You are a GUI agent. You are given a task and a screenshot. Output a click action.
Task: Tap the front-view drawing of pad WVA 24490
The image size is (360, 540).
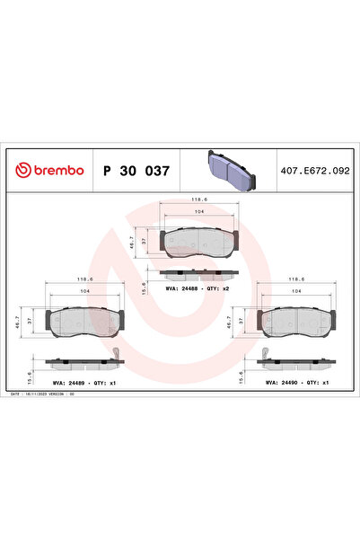294,319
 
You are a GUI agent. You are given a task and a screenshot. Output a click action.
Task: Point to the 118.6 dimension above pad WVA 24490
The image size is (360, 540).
294,279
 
